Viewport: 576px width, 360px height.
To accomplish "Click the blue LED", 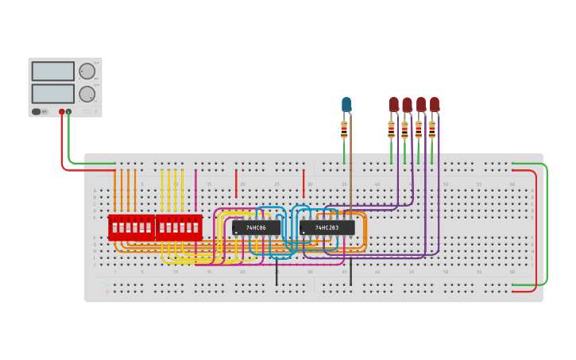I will pyautogui.click(x=346, y=104).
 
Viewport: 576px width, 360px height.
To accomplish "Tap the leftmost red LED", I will pyautogui.click(x=393, y=104).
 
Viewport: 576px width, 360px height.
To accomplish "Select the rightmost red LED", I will pyautogui.click(x=435, y=104).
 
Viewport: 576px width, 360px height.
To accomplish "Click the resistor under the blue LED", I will pyautogui.click(x=344, y=130).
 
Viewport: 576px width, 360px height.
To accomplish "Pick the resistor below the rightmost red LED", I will pyautogui.click(x=432, y=129).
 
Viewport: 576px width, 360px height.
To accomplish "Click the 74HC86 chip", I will pyautogui.click(x=257, y=228).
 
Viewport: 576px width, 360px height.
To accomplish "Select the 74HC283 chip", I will pyautogui.click(x=327, y=228).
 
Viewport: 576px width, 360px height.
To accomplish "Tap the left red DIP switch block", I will pyautogui.click(x=131, y=227).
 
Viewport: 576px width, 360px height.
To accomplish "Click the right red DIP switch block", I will pyautogui.click(x=179, y=227).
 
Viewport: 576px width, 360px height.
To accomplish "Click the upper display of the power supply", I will pyautogui.click(x=53, y=71).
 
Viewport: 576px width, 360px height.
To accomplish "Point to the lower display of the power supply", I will pyautogui.click(x=53, y=93).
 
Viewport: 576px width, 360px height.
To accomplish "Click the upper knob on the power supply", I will pyautogui.click(x=87, y=71).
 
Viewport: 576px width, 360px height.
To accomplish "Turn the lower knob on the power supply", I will pyautogui.click(x=87, y=93).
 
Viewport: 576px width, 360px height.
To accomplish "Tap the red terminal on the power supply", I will pyautogui.click(x=61, y=112).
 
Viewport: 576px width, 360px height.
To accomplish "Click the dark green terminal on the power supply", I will pyautogui.click(x=69, y=112).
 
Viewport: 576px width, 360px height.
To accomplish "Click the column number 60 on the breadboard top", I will pyautogui.click(x=512, y=184).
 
